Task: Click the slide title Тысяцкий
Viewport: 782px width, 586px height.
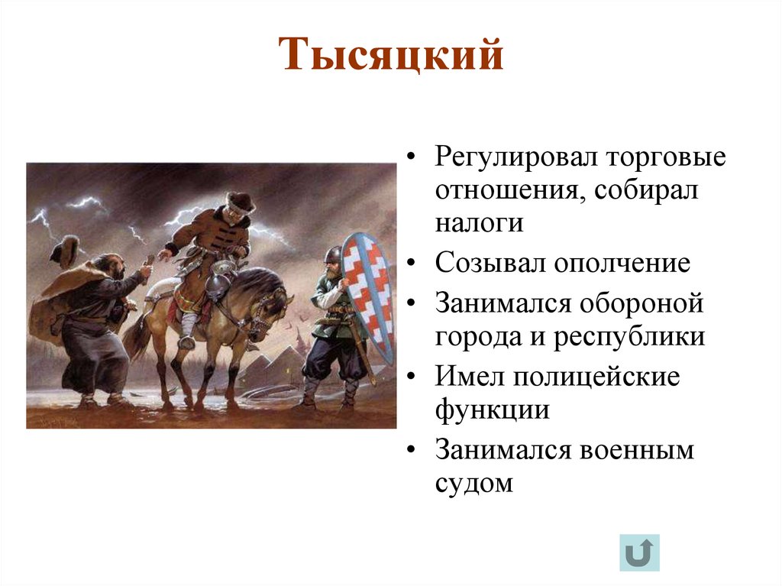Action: [393, 56]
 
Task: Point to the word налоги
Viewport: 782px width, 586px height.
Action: [480, 223]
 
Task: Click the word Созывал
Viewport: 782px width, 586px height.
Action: [490, 264]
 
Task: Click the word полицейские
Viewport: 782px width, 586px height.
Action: [596, 377]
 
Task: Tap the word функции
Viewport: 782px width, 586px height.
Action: [493, 410]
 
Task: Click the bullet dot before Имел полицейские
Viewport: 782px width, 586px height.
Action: [412, 378]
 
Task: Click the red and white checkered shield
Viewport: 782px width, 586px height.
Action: [367, 294]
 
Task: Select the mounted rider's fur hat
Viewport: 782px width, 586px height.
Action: [240, 200]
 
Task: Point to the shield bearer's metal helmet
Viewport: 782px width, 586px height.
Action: [332, 255]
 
